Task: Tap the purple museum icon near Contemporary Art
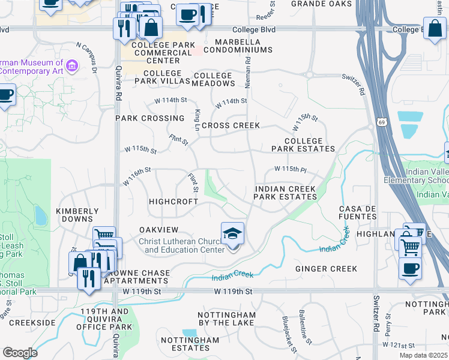[72, 65]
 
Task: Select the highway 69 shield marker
[382, 122]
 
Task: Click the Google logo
[20, 353]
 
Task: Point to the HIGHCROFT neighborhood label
[173, 202]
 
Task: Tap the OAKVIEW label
[159, 230]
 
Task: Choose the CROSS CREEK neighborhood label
[231, 125]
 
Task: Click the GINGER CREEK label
[326, 269]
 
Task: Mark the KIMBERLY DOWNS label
[77, 215]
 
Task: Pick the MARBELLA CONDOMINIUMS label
[232, 46]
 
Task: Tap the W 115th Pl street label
[291, 170]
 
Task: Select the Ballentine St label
[306, 327]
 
